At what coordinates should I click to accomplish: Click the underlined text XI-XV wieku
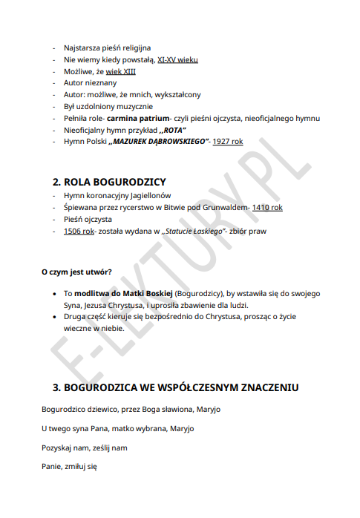[x=177, y=59]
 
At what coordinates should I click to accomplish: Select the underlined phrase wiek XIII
[x=120, y=71]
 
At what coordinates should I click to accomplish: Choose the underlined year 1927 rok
[x=227, y=141]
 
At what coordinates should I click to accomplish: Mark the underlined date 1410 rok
[x=267, y=208]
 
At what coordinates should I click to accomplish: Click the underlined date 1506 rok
[x=79, y=232]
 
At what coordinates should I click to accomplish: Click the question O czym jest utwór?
[x=76, y=272]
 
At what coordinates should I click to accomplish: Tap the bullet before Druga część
[x=56, y=316]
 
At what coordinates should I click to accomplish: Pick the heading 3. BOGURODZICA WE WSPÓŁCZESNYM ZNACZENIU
[x=175, y=387]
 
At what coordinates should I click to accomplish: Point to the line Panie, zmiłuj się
[x=70, y=468]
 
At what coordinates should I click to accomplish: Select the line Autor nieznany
[x=91, y=83]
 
